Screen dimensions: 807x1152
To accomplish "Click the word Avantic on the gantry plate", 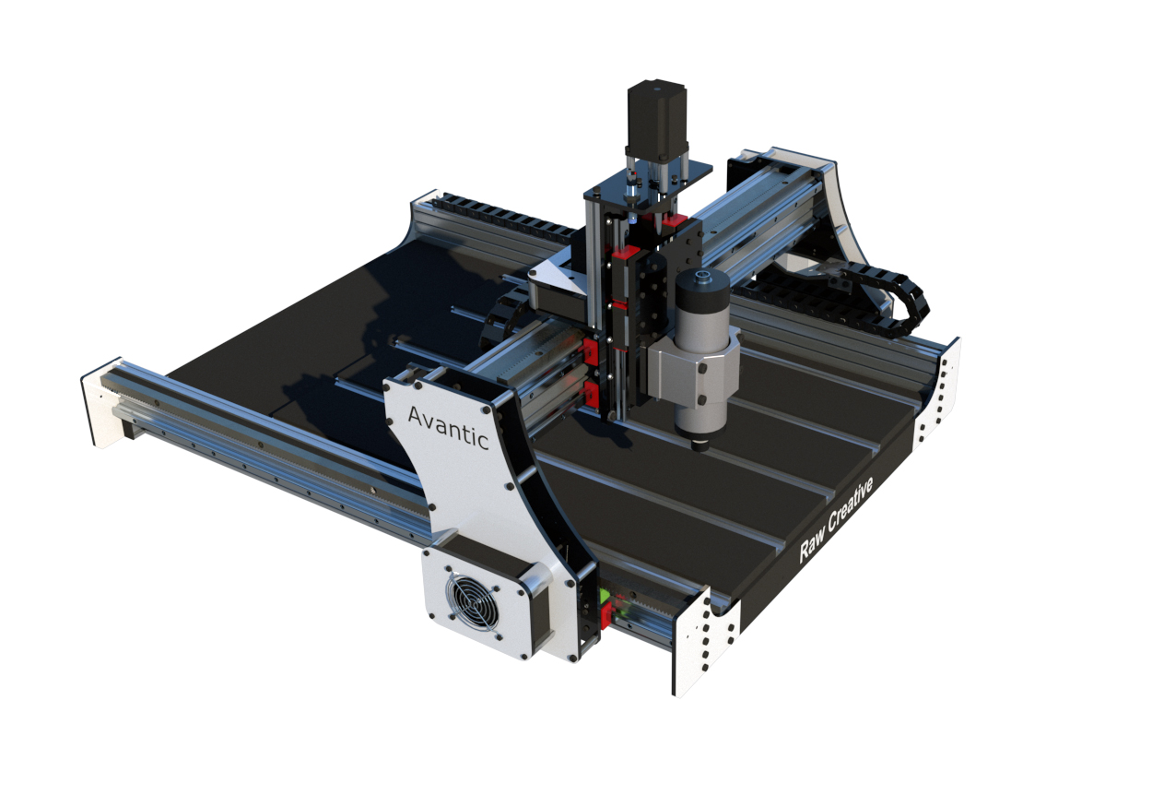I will point(448,427).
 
